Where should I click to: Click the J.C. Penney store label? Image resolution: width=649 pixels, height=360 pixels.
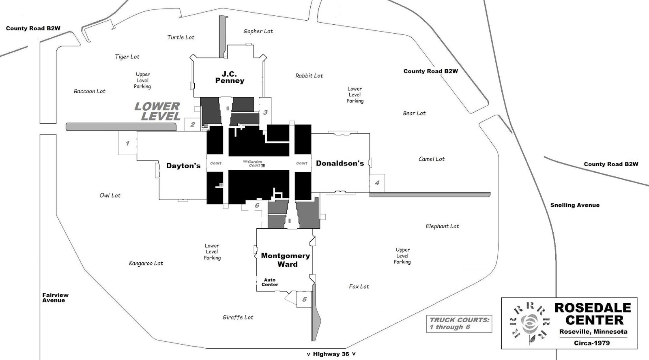click(x=230, y=77)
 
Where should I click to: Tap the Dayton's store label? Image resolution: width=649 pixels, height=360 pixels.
click(x=183, y=165)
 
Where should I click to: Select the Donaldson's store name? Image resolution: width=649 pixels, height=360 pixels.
click(x=340, y=163)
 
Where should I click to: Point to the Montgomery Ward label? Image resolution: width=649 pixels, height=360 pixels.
click(x=286, y=260)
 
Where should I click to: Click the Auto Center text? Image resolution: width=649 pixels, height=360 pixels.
click(x=270, y=282)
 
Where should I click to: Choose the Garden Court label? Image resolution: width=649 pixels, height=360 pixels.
click(x=255, y=163)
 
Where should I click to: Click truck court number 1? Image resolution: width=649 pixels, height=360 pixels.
click(x=127, y=143)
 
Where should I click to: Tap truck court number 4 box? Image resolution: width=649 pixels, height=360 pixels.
click(x=377, y=183)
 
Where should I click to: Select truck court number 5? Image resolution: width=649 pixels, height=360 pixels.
click(x=304, y=300)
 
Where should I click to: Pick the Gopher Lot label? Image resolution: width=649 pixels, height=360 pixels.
click(x=258, y=31)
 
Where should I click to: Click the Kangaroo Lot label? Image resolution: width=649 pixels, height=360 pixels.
click(x=146, y=263)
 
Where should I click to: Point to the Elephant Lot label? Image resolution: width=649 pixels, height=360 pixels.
click(x=442, y=226)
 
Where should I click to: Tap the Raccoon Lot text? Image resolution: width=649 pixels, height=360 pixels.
click(x=89, y=91)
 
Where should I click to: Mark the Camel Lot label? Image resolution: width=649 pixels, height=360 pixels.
click(x=432, y=159)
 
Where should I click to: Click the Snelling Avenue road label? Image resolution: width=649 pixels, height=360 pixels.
click(x=575, y=205)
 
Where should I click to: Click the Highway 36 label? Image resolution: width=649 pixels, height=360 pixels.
click(x=331, y=354)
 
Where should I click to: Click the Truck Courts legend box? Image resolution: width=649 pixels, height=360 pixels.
click(x=459, y=324)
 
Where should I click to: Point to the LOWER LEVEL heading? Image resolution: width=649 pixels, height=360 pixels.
click(x=157, y=111)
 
